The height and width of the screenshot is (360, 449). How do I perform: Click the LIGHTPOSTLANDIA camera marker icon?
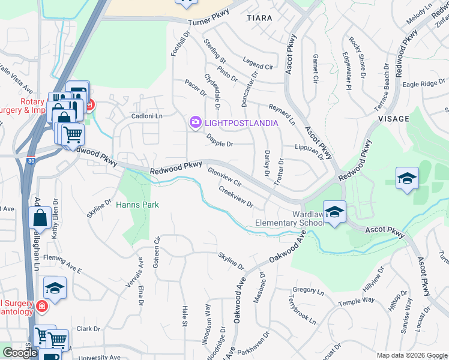coord(195,123)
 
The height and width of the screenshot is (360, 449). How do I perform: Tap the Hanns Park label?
coord(137,205)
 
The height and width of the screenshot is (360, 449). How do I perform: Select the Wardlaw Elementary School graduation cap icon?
coord(334,212)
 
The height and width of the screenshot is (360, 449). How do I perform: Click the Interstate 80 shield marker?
coord(31,161)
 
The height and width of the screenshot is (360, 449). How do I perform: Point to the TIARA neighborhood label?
coord(259,18)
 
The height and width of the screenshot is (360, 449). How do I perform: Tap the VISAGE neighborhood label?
coord(394,119)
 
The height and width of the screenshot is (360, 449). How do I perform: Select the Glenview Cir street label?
coord(224,177)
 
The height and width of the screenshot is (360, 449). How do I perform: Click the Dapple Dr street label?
coord(220,140)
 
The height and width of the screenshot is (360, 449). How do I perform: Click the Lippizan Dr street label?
coord(313,150)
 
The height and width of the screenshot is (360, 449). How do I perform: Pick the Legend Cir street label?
coord(258,61)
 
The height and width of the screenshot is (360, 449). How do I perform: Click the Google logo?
coord(20,353)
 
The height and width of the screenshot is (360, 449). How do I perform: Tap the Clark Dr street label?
coord(88,329)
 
